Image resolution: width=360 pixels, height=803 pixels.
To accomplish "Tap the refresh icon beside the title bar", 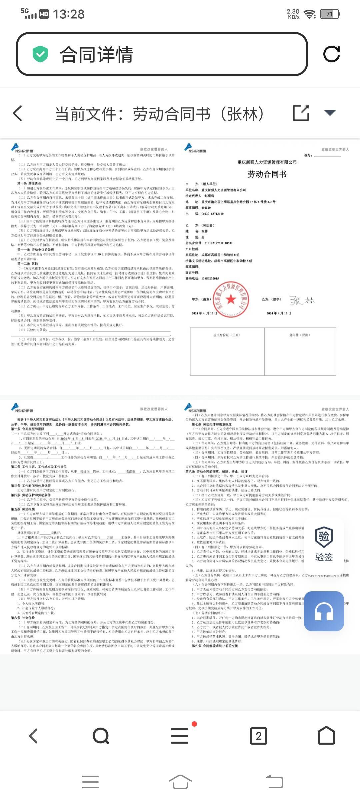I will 331,54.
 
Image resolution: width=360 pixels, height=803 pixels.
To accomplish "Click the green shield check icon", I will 40,54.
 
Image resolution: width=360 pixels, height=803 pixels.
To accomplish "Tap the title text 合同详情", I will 96,55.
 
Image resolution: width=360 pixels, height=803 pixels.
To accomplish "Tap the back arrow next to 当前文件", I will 18,113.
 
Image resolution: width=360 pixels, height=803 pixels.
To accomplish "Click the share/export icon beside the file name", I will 301,113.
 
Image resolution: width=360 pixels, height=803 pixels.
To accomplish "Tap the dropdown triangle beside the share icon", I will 330,113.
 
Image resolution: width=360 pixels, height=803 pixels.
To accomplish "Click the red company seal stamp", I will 231,299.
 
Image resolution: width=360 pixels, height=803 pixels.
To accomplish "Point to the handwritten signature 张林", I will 302,300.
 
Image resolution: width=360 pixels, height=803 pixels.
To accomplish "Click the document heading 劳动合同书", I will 267,174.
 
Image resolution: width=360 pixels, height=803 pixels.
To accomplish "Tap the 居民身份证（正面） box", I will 227,351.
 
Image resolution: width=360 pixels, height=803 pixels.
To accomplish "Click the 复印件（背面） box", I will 300,351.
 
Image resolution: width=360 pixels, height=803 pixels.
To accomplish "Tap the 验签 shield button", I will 324,544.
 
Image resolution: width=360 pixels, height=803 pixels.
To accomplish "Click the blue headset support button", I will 324,612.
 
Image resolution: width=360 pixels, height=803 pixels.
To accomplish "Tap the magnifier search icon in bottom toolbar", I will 101,735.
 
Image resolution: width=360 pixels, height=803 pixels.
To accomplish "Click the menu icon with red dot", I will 180,735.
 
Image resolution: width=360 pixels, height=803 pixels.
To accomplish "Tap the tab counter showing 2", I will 259,736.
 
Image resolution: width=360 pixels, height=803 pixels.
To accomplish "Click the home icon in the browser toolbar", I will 326,735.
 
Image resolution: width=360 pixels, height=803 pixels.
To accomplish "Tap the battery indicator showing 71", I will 330,14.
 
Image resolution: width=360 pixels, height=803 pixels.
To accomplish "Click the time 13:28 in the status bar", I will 69,14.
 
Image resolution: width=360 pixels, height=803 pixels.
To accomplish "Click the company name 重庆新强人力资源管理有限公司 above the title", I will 267,162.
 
